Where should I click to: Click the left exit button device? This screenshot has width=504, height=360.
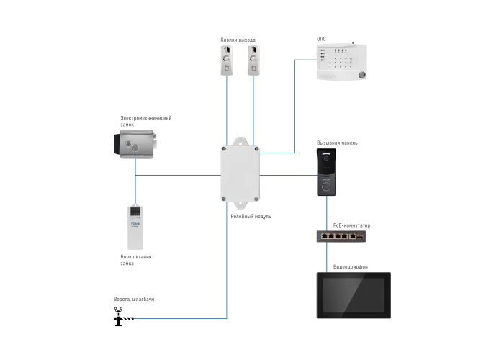tap(227, 60)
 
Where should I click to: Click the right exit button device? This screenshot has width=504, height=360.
tap(253, 60)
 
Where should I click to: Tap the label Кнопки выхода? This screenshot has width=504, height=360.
tap(238, 40)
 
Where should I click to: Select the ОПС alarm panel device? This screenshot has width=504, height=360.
tap(342, 61)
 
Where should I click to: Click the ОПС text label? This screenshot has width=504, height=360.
tap(321, 39)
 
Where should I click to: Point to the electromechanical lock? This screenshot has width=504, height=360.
tap(135, 144)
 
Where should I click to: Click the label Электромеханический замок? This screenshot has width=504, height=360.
tap(146, 121)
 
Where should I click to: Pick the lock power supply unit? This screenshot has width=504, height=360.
tap(135, 228)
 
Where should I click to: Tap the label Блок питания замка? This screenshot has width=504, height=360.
tap(135, 260)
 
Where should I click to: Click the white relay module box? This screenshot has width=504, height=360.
tap(240, 174)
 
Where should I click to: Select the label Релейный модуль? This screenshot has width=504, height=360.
tap(251, 216)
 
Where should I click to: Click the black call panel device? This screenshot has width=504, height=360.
tap(326, 172)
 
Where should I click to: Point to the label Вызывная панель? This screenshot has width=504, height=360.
tap(337, 143)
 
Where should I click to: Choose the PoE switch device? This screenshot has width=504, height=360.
tap(341, 236)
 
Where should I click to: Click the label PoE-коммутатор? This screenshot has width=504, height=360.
tap(351, 225)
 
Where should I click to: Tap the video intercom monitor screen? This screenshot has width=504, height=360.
tap(354, 295)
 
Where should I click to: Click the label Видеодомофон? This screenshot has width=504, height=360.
tap(351, 267)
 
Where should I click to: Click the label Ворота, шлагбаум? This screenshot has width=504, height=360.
tap(134, 300)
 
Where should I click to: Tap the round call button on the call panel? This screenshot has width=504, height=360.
tap(326, 186)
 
